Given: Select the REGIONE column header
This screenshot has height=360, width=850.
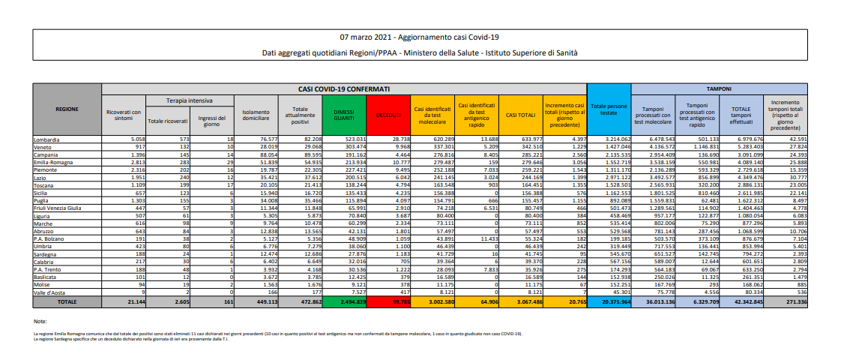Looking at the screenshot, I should pyautogui.click(x=67, y=109).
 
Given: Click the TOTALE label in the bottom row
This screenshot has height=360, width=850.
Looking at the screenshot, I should pyautogui.click(x=67, y=301).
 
